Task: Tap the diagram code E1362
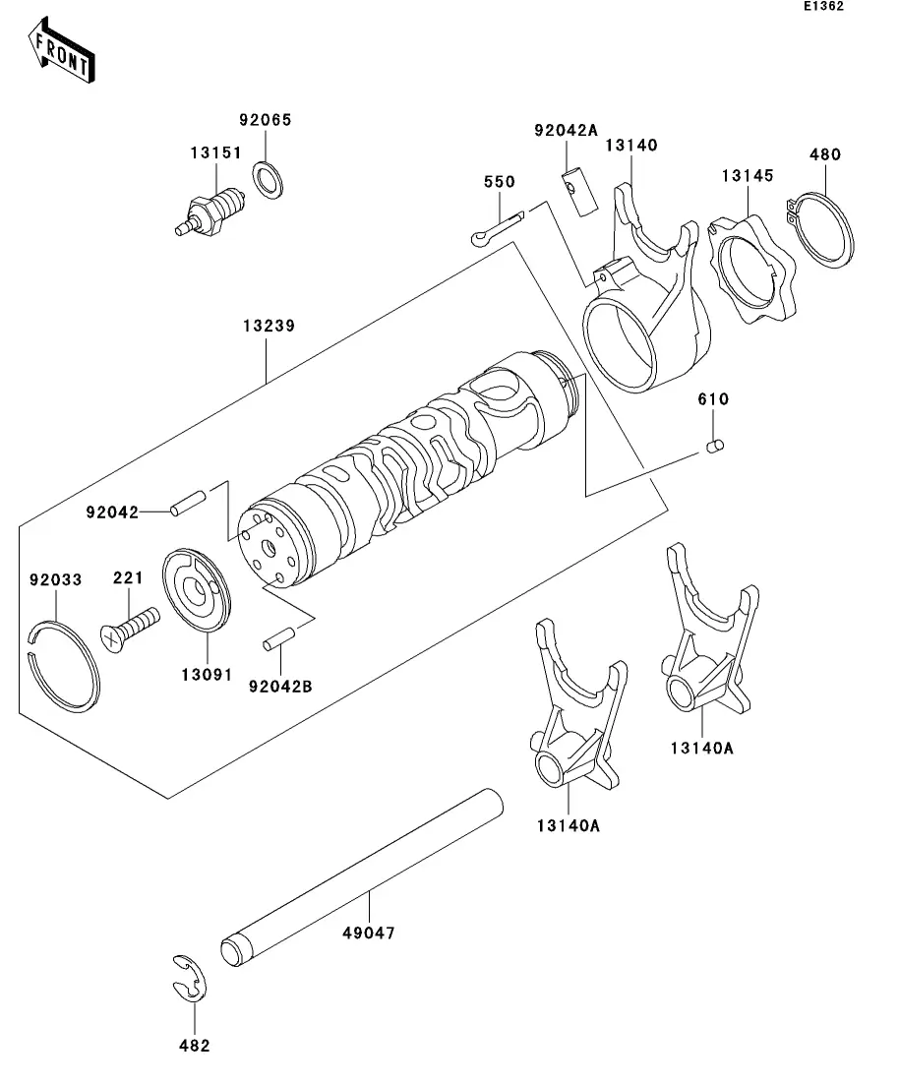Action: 823,7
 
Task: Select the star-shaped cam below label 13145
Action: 753,270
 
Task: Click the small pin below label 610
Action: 715,447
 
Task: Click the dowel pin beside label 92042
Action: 187,504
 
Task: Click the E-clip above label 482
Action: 190,980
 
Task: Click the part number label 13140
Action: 630,146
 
